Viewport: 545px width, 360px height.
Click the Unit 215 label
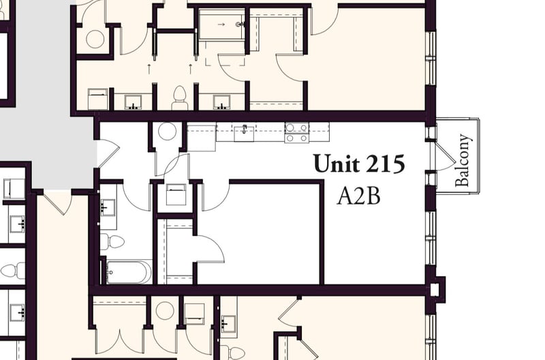(x=358, y=164)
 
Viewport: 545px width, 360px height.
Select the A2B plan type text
(x=358, y=196)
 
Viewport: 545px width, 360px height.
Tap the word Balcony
(x=463, y=160)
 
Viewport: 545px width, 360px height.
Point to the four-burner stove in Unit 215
(x=296, y=132)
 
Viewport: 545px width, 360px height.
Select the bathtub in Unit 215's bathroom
(x=129, y=272)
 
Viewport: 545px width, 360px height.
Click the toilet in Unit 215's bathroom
(x=114, y=241)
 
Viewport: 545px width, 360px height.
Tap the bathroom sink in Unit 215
(x=108, y=207)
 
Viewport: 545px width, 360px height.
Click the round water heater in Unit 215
(x=167, y=132)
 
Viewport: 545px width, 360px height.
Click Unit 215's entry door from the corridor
(x=107, y=153)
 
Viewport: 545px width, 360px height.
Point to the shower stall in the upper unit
(x=222, y=26)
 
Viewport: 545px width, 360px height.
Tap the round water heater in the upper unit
(x=95, y=39)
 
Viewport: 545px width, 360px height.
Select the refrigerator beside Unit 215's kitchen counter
(x=201, y=137)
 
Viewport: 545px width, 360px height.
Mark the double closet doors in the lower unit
(x=119, y=337)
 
